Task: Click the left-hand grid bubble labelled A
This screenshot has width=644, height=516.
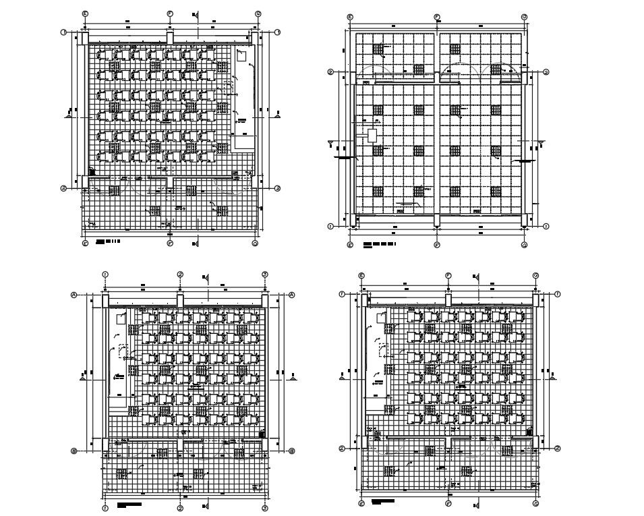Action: point(74,295)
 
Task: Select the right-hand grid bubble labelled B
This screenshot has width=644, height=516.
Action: point(292,451)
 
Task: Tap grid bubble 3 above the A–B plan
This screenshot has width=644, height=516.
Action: point(265,274)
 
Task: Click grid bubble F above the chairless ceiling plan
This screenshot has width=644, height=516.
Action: point(437,16)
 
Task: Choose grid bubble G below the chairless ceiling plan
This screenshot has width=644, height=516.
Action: point(524,245)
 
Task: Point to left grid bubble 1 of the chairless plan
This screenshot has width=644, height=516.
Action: point(330,227)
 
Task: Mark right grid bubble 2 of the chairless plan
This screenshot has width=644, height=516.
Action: point(546,72)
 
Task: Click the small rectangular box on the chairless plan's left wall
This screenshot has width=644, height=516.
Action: point(372,135)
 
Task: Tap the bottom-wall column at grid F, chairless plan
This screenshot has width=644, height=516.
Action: point(437,221)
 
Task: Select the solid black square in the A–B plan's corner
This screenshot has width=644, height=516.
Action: point(262,434)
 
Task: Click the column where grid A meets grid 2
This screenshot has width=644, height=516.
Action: point(180,301)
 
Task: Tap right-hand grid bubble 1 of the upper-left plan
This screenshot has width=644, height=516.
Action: point(277,32)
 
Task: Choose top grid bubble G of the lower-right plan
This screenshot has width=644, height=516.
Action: point(535,275)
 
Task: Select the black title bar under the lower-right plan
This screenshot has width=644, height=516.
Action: point(382,501)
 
